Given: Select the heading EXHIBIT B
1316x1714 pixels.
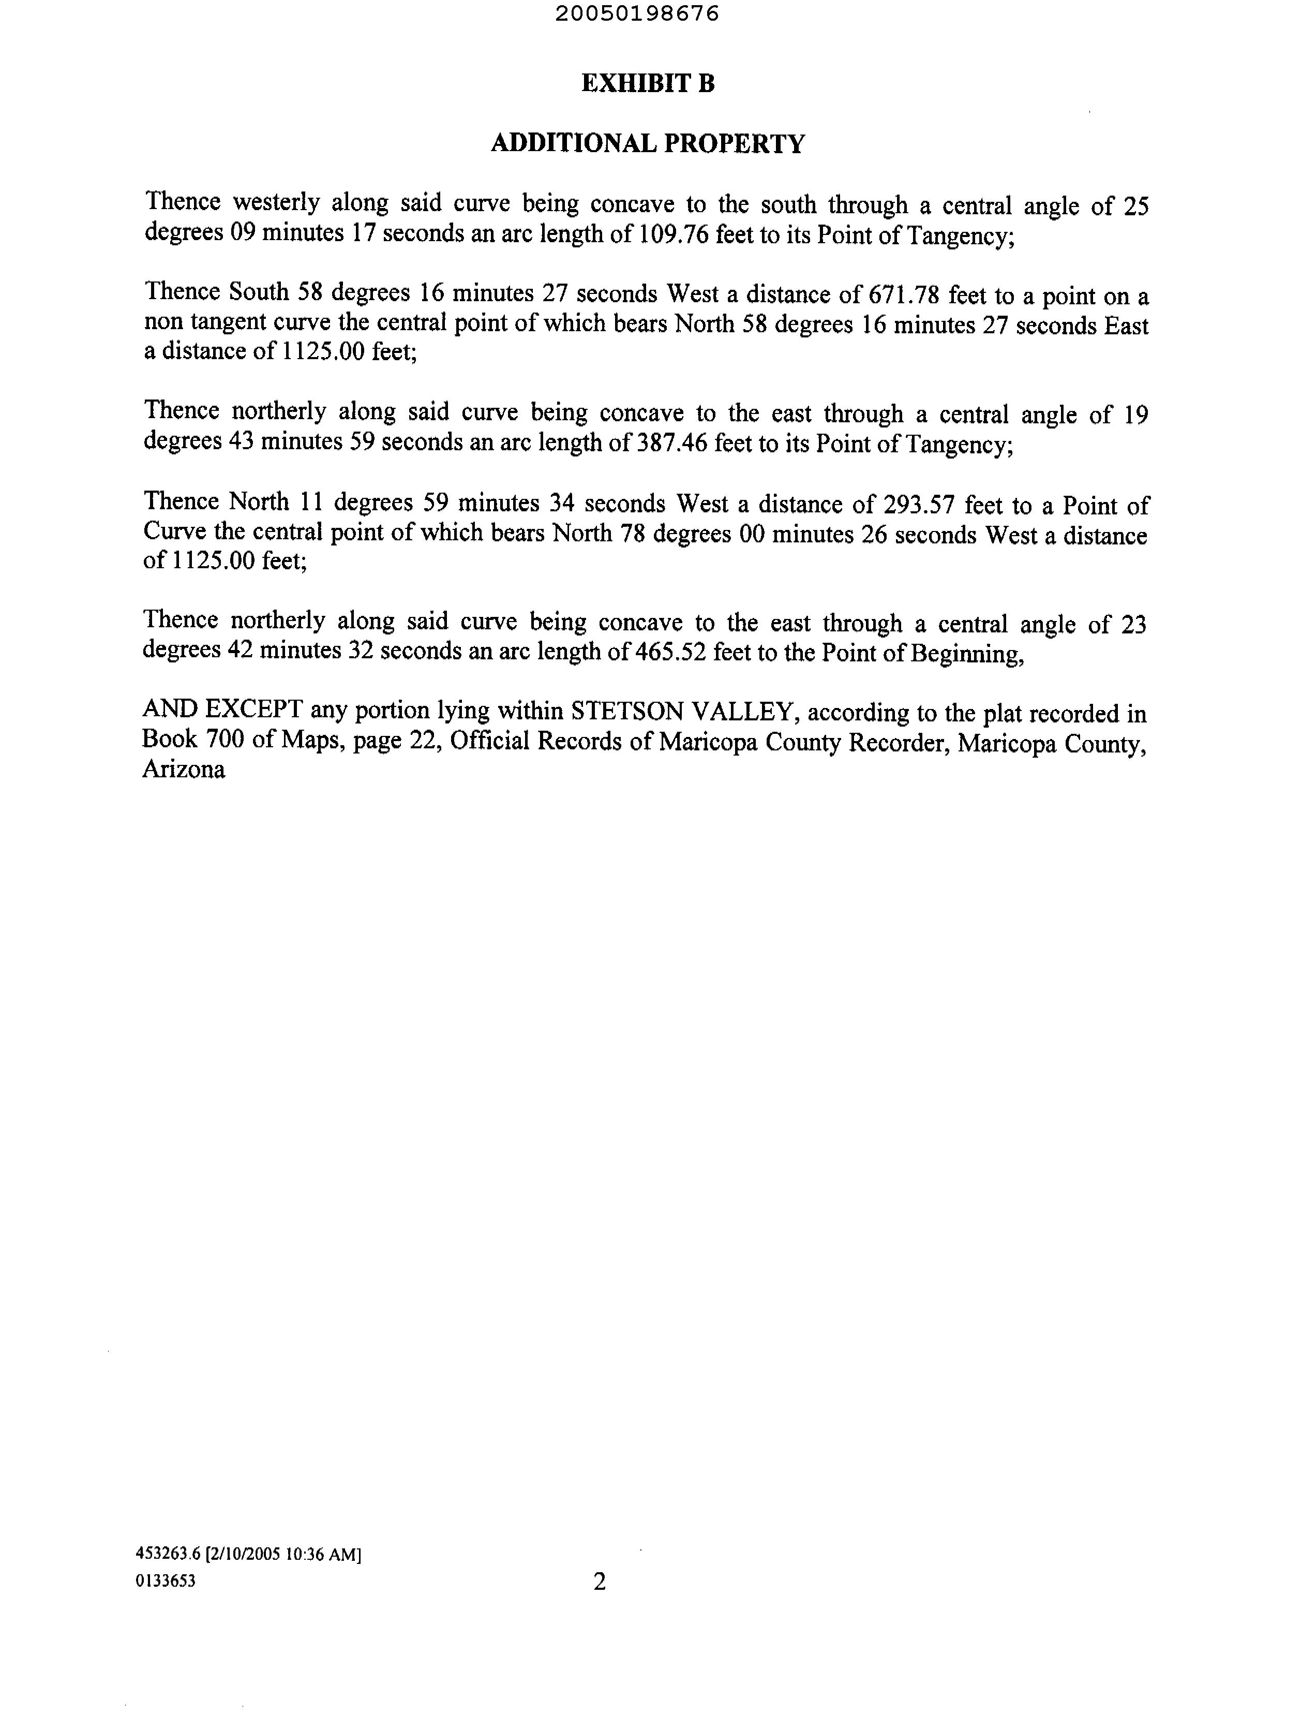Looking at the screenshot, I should (x=648, y=83).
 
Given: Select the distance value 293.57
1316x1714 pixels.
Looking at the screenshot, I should (x=919, y=505).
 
